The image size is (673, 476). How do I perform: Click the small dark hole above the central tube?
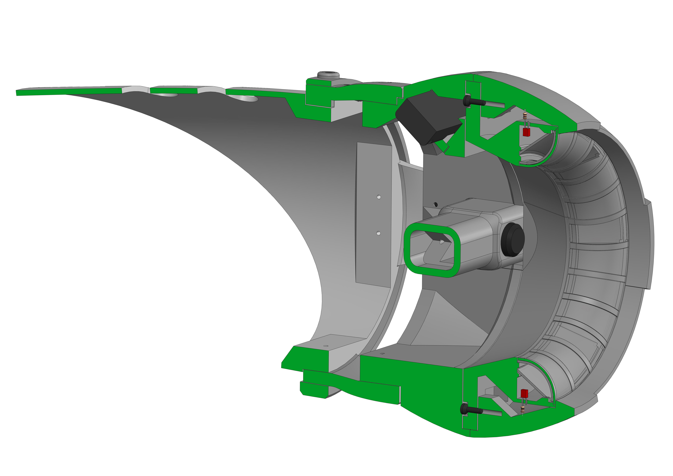[x=436, y=204]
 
